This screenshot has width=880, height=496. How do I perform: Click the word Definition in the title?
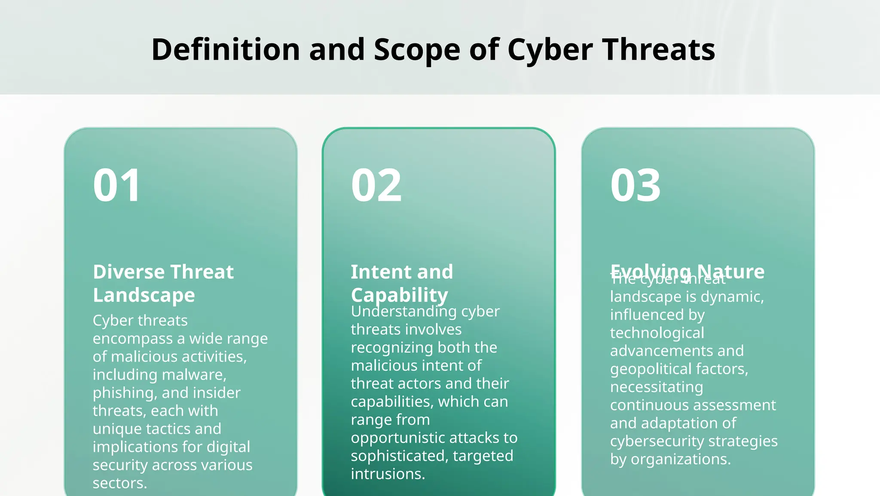[x=225, y=49]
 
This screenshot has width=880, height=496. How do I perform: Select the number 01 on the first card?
[x=117, y=185]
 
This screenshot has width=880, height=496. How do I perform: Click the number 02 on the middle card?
[x=376, y=185]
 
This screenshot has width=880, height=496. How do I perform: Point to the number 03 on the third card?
[x=636, y=185]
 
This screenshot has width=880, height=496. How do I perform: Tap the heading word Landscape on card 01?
[x=144, y=295]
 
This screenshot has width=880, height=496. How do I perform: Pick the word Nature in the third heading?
[x=730, y=271]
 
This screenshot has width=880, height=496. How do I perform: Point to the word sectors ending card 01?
[x=119, y=483]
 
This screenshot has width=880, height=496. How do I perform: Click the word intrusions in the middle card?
[x=388, y=474]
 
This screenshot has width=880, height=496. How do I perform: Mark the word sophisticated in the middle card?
[x=399, y=456]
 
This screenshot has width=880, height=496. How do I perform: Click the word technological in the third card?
[x=657, y=333]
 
